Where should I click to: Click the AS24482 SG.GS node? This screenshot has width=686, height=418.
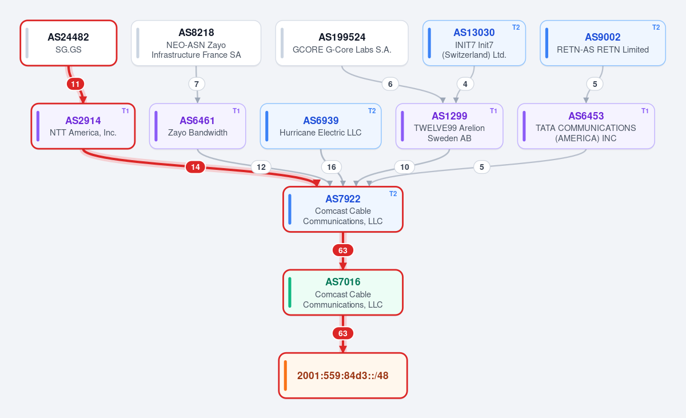tap(69, 43)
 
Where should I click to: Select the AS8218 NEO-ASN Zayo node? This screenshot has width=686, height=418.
tap(196, 43)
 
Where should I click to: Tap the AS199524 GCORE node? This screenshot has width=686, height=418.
tap(342, 43)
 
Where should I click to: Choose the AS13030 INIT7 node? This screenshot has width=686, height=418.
tap(474, 43)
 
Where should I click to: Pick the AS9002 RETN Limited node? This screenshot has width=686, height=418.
tap(603, 43)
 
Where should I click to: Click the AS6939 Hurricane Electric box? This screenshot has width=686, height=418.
tap(321, 126)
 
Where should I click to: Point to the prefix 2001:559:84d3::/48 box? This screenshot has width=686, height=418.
tap(342, 376)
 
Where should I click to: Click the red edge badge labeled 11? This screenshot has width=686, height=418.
tap(75, 84)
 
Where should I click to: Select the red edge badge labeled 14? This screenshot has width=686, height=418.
tap(196, 167)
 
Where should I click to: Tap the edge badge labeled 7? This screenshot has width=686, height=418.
tap(197, 84)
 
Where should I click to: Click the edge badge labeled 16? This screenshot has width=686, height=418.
tap(332, 167)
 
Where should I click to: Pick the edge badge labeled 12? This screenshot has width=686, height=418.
tap(261, 167)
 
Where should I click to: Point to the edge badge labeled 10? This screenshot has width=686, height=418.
tap(405, 167)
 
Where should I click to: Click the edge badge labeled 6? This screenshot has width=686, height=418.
tap(390, 84)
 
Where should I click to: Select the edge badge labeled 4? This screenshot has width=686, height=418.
tap(465, 84)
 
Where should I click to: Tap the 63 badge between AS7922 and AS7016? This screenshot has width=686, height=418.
tap(342, 250)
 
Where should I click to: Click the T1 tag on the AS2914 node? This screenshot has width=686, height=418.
tap(125, 111)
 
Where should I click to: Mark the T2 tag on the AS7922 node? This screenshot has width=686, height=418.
tap(393, 194)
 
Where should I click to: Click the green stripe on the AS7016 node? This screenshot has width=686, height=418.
tap(290, 292)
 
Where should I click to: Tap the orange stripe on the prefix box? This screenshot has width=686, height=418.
tap(285, 376)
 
